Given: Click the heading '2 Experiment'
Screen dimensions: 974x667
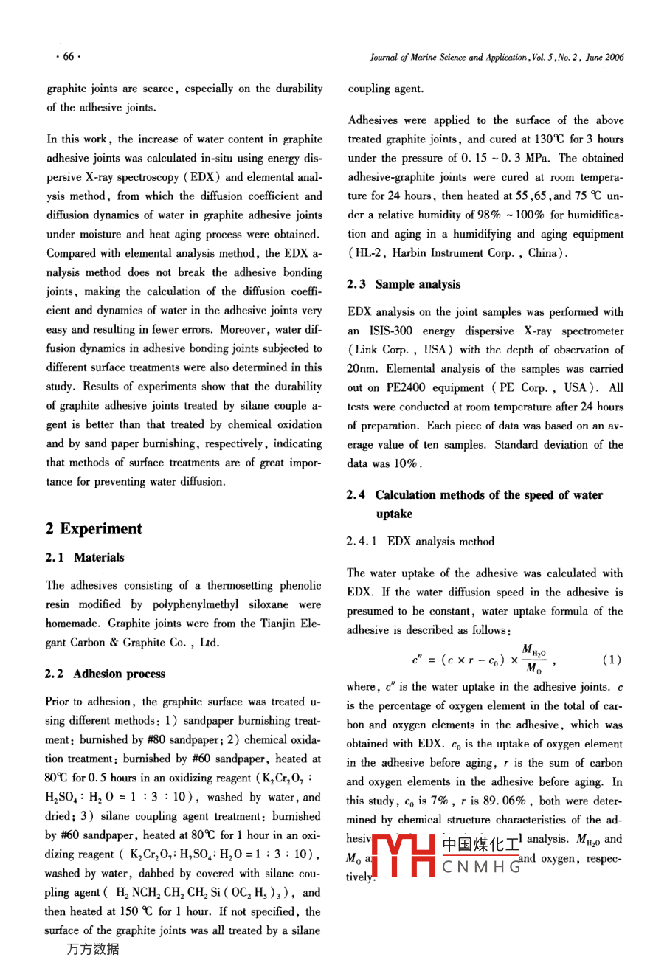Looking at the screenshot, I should pyautogui.click(x=94, y=529).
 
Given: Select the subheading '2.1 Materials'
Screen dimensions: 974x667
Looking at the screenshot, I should pyautogui.click(x=85, y=558).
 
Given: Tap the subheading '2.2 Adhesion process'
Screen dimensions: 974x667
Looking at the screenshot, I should pyautogui.click(x=106, y=674).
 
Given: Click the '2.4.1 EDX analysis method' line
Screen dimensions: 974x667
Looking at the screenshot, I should pyautogui.click(x=421, y=542).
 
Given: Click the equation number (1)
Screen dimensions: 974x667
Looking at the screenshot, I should pyautogui.click(x=612, y=660).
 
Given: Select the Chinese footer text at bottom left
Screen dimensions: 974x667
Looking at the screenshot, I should pyautogui.click(x=93, y=950).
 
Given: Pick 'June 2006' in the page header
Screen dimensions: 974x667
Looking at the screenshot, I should pyautogui.click(x=605, y=57).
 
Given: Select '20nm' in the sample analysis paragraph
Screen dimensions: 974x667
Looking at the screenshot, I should pyautogui.click(x=361, y=369).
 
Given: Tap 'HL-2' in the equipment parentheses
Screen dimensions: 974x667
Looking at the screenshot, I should pyautogui.click(x=368, y=253).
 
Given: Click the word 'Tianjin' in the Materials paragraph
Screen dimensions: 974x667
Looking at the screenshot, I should pyautogui.click(x=268, y=624).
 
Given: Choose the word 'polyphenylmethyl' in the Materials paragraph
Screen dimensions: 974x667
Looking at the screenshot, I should pyautogui.click(x=195, y=604).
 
